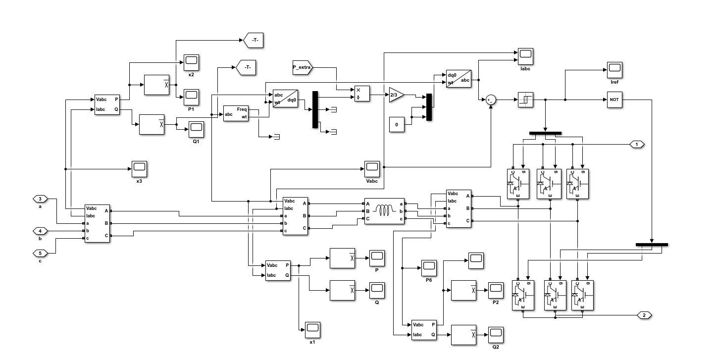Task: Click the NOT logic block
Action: [x=614, y=100]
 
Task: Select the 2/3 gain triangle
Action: [x=396, y=95]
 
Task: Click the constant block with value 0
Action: [x=396, y=124]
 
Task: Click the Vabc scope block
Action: [x=372, y=169]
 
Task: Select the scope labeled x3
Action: [x=139, y=169]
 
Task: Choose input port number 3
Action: [x=40, y=199]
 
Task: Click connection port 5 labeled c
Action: [x=40, y=253]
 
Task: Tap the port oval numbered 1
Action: [x=637, y=144]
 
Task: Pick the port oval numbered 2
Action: [x=644, y=315]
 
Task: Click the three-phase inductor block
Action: [x=384, y=211]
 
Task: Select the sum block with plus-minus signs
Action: [x=490, y=100]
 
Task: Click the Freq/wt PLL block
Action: [x=236, y=113]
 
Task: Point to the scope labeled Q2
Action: [x=495, y=334]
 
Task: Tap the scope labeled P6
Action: [x=429, y=268]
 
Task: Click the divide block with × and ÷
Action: [x=361, y=94]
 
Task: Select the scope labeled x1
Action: [x=312, y=329]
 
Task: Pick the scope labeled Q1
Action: [x=196, y=129]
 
